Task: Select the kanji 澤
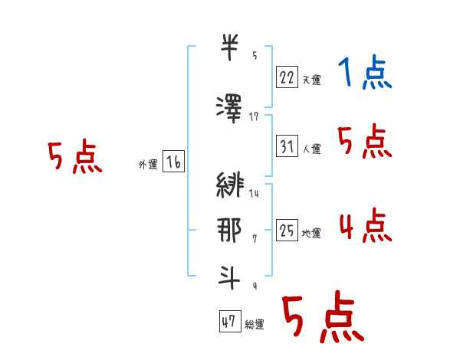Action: click(x=230, y=106)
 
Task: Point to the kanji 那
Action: click(x=230, y=230)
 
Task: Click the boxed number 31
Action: click(x=287, y=146)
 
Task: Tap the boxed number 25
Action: click(x=287, y=230)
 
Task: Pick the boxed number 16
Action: click(x=173, y=162)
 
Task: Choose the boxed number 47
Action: click(x=228, y=322)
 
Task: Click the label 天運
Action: click(x=311, y=80)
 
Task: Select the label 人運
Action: click(x=311, y=149)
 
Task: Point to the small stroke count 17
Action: click(x=254, y=117)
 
